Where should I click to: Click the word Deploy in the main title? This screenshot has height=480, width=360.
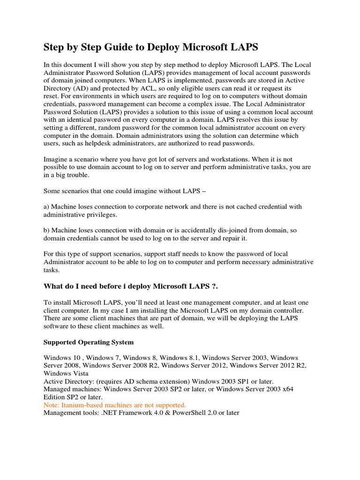click(x=157, y=47)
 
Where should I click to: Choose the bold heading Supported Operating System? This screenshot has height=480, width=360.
click(x=89, y=342)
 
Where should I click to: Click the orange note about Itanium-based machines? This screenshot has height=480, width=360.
click(x=115, y=405)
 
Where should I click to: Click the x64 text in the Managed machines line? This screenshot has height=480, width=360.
click(x=286, y=389)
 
